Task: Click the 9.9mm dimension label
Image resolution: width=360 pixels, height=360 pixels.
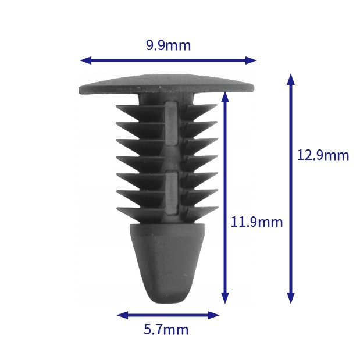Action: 168,45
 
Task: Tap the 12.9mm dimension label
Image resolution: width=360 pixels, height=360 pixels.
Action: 323,155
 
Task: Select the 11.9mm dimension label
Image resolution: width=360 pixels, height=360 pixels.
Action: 256,222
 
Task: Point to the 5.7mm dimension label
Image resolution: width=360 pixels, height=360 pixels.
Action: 166,330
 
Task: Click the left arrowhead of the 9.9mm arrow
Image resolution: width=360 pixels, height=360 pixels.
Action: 85,60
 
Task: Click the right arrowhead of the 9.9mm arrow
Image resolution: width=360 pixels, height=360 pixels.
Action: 251,60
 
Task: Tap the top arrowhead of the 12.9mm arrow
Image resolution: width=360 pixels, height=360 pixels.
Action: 291,79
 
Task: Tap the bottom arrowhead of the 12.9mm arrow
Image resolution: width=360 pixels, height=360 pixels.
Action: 291,298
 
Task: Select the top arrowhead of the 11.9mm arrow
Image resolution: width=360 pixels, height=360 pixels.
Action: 225,97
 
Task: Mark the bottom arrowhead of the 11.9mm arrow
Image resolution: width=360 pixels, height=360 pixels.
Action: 225,298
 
